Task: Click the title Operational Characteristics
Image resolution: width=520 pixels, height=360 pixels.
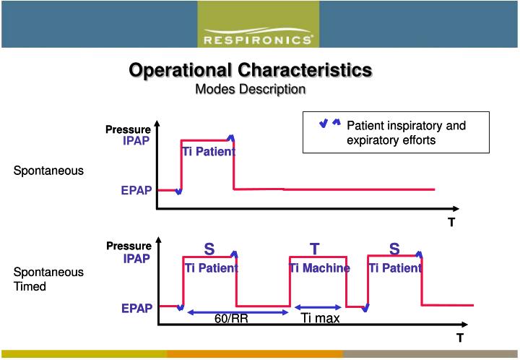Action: [x=250, y=71]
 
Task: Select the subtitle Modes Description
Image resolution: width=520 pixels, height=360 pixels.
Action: [x=251, y=89]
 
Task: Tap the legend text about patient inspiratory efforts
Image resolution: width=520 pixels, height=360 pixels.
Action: [x=406, y=133]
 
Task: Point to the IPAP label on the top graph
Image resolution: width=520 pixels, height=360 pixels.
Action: [x=136, y=141]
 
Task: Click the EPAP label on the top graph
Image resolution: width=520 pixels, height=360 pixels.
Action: [x=136, y=191]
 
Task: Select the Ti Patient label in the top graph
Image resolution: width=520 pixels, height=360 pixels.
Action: [x=208, y=152]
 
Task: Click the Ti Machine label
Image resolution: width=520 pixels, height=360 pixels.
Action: [x=319, y=268]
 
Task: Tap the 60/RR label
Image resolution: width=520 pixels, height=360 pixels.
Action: [x=231, y=319]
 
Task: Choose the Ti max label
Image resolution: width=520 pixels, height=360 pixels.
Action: [x=320, y=319]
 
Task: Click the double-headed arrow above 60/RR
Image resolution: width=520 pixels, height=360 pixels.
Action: [x=238, y=312]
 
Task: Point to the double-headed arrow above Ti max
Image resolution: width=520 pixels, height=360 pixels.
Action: [x=318, y=307]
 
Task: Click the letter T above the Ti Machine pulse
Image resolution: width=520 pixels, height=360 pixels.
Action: [x=315, y=249]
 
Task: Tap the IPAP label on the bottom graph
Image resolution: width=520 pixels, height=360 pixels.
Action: [x=136, y=258]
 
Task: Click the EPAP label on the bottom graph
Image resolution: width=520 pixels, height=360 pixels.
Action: [x=136, y=309]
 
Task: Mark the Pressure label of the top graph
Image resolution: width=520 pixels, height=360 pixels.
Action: [x=128, y=129]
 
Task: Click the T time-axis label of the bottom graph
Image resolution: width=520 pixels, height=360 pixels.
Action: [x=459, y=338]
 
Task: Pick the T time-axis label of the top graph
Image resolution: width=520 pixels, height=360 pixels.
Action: [x=451, y=223]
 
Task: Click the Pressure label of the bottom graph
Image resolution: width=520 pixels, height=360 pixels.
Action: [x=129, y=247]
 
